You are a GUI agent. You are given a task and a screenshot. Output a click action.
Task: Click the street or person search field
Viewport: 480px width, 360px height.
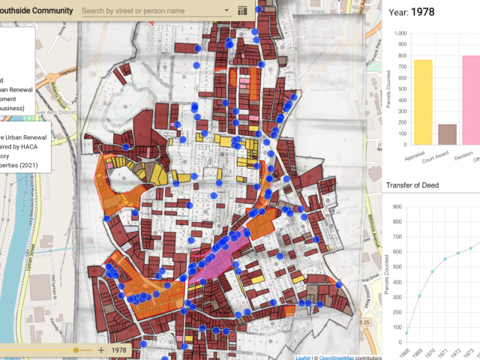tap(150, 11)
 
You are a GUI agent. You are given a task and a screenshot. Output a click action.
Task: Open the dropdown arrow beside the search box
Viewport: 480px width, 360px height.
tap(228, 11)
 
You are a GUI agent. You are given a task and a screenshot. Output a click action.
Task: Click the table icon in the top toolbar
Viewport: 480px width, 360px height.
tap(241, 11)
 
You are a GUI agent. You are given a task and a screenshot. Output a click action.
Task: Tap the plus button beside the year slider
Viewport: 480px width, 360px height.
tap(101, 350)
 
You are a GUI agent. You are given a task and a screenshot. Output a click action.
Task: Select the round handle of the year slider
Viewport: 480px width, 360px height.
tap(76, 350)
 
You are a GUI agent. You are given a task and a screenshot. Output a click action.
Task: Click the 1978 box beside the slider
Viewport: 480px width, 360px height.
tap(119, 350)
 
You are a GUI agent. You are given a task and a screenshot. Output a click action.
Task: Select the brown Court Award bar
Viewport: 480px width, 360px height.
tap(447, 134)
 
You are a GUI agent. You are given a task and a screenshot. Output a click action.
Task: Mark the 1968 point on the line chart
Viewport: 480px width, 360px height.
tap(407, 332)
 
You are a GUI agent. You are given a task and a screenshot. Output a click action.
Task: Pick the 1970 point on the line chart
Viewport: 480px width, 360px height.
tap(433, 271)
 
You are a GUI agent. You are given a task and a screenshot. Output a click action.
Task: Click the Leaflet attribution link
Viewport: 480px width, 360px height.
tap(302, 357)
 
